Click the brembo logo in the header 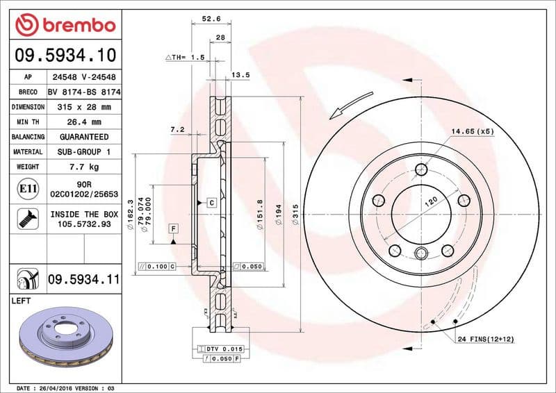pos(65,25)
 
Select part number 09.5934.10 pos(65,54)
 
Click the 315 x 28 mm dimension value pos(84,107)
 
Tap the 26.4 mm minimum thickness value pos(84,122)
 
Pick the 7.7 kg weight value pos(84,167)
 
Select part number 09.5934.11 pos(84,280)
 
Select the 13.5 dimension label pos(240,74)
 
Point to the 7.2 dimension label pos(177,129)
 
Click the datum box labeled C pos(211,202)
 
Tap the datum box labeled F pos(172,228)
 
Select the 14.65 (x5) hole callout pos(472,131)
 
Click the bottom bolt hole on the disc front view pos(421,252)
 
